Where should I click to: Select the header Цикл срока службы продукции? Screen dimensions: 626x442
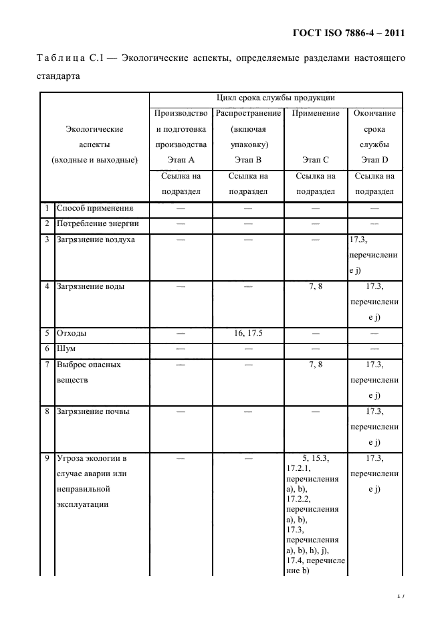point(275,98)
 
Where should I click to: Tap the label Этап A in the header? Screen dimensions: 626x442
point(181,160)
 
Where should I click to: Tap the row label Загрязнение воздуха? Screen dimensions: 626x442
point(96,239)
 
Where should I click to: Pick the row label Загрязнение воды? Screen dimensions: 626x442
point(90,286)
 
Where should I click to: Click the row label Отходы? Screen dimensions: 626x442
point(72,333)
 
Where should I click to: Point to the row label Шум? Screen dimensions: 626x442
point(66,349)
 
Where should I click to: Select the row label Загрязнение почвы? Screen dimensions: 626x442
point(93,411)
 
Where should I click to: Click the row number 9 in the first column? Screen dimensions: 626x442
point(46,458)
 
